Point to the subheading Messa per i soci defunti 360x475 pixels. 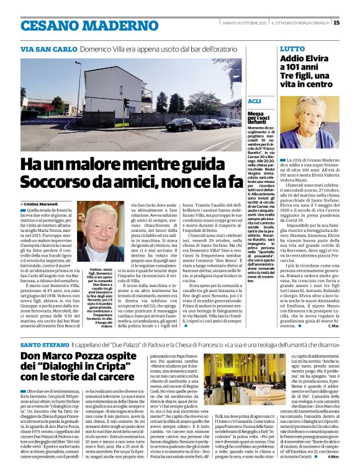(256, 118)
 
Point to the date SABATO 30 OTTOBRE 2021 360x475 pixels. (245, 23)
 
